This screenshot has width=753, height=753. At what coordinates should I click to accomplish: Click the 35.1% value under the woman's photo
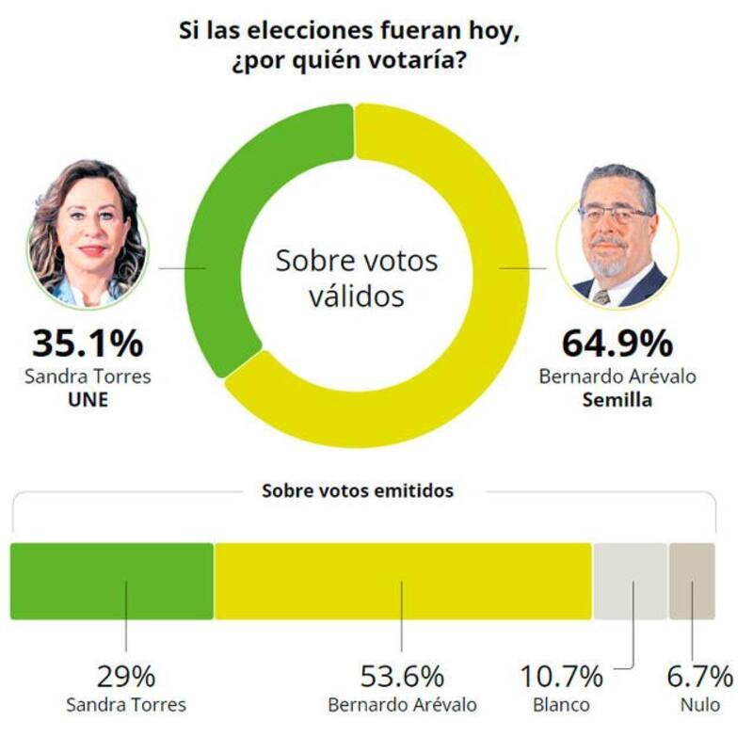point(87,343)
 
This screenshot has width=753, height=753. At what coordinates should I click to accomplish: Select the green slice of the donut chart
point(226,235)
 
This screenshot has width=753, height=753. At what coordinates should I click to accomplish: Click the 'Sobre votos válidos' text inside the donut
point(356,278)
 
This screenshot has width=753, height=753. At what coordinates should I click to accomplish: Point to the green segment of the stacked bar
point(112,581)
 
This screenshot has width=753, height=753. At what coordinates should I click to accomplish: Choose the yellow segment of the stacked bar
point(403,581)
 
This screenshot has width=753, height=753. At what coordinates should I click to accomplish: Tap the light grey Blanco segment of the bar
point(630,581)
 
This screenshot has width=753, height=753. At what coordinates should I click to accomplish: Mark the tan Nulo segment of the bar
point(692,581)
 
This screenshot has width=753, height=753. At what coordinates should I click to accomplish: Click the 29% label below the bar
point(125,676)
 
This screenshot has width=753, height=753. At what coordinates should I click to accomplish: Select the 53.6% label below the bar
point(402,676)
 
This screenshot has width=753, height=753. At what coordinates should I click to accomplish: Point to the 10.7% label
point(561,676)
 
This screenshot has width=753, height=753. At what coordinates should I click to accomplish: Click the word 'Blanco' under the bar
point(562,704)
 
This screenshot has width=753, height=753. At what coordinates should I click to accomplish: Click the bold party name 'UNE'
point(88,398)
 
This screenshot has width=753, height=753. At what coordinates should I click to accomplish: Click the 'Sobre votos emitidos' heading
point(357,491)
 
